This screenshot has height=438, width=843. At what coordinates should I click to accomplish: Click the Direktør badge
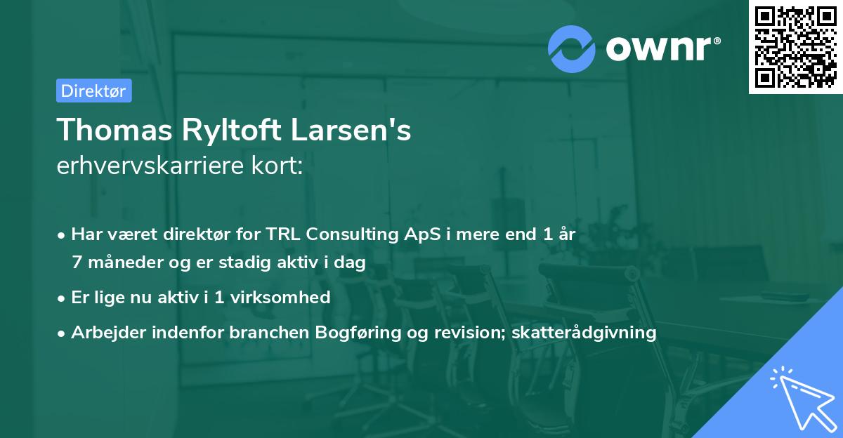click(x=93, y=91)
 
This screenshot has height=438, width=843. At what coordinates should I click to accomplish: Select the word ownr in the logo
click(x=661, y=48)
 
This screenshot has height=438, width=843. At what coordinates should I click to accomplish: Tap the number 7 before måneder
click(x=76, y=263)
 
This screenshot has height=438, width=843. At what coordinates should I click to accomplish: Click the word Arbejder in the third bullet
click(x=103, y=333)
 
